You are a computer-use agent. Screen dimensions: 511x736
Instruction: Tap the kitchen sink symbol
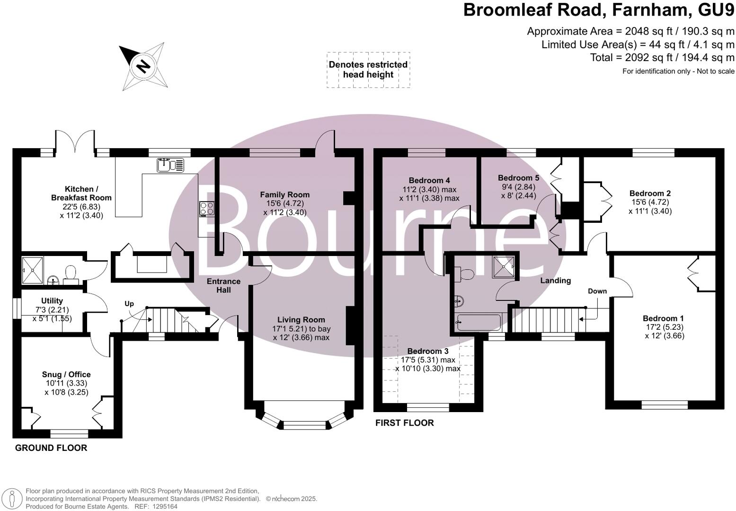coord(170,165)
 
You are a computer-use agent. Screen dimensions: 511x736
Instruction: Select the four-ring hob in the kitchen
coord(207,208)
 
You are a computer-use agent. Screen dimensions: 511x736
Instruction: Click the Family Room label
coord(285,194)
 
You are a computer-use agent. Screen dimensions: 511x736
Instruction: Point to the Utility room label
coord(52,301)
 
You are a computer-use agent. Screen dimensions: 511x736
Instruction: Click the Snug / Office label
coord(66,374)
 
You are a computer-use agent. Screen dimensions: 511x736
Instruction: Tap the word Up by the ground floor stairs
coord(129,304)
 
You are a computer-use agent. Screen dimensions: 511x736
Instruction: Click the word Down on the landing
coord(597,291)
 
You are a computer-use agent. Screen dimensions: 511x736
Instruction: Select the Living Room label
coord(301,320)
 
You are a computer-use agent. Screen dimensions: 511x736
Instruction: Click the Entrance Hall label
coord(224,285)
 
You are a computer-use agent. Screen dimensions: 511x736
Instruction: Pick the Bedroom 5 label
coord(518,178)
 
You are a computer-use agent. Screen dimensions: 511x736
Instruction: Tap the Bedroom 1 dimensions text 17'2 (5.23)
coord(664,327)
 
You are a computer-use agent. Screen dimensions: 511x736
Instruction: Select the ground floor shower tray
coord(32,270)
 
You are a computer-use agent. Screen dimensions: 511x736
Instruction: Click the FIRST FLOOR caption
coord(404,423)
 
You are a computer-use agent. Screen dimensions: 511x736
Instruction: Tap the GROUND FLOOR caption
coord(51,448)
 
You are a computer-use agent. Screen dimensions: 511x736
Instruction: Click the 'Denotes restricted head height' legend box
coord(368,70)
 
